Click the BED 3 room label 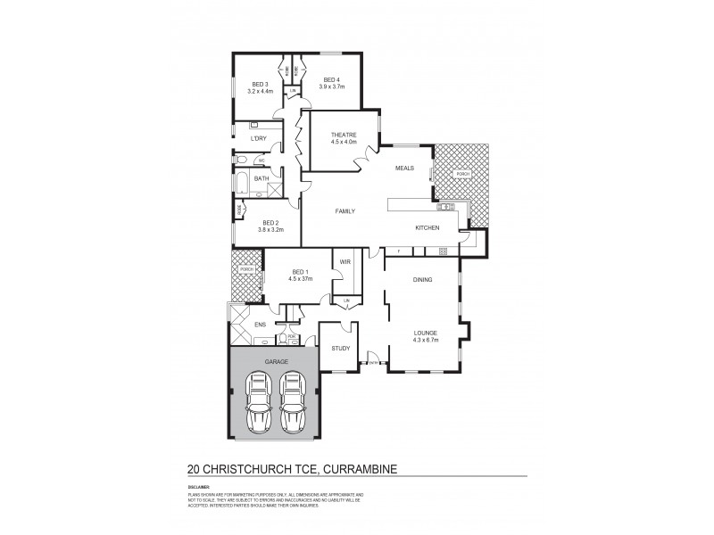point(260,84)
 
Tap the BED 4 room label point(332,78)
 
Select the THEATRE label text point(344,136)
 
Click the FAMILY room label point(345,211)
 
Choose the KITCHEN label point(428,229)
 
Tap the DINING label point(422,280)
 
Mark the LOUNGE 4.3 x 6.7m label point(425,335)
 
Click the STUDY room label point(340,349)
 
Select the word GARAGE point(275,363)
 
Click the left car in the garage point(259,402)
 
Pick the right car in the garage point(292,402)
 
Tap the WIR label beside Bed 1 point(345,262)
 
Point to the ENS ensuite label point(261,325)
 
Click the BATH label point(262,178)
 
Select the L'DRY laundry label point(259,139)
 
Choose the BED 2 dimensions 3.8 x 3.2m point(270,230)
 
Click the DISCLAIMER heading point(197,488)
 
